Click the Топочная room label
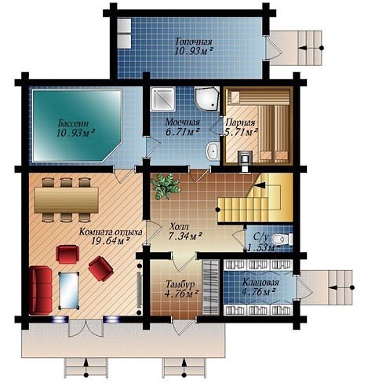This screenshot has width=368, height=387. pos(193,42)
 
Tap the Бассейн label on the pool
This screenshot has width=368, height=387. pos(74,122)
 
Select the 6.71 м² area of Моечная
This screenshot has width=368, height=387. pos(183,132)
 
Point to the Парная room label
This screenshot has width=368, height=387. pos(240,122)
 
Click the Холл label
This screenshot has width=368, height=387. pos(179,226)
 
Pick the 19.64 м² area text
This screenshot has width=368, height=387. pos(111,240)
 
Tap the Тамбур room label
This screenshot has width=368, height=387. pos(180,284)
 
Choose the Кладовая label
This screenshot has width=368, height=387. pos(261,283)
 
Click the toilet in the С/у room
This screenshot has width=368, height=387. pos(282,239)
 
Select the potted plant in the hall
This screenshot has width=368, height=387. pos(166,186)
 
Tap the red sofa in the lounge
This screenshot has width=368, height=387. pos(41,290)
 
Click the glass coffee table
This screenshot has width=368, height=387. pos(69,290)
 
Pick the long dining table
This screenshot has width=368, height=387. pos(67,200)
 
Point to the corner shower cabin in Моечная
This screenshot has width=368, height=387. pos(206,99)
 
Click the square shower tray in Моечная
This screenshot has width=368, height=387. pos(163,99)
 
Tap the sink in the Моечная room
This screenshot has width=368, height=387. pos(213,151)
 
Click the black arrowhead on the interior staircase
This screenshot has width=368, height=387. pos(260,185)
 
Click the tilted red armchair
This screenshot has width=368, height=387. pos(100,268)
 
